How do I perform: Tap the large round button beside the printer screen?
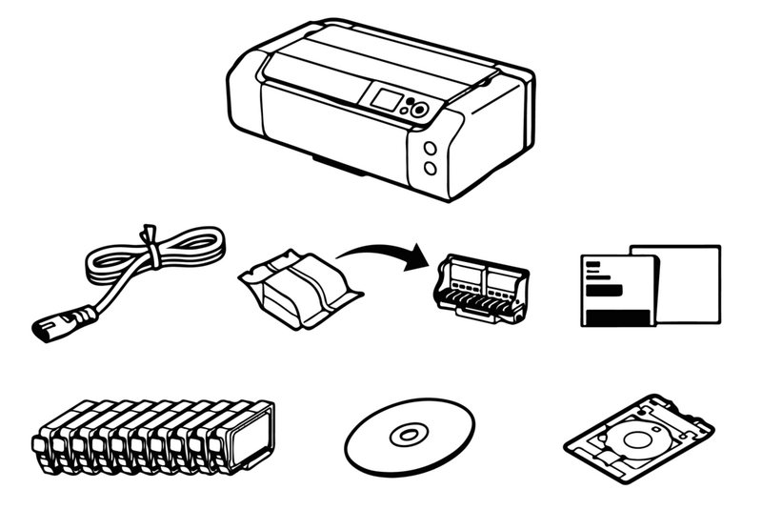(417, 111)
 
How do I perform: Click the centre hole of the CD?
(407, 436)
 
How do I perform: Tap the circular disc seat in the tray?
(629, 439)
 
